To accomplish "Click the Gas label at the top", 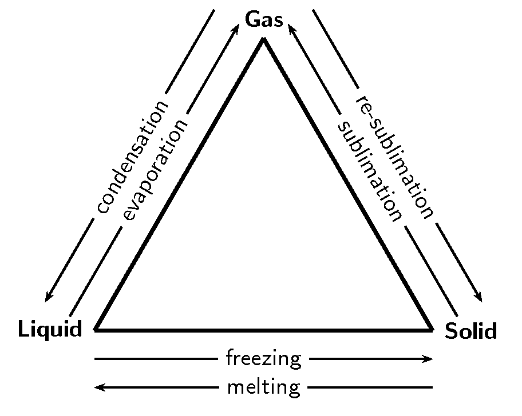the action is click(264, 19).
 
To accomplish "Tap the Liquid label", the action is click(50, 329).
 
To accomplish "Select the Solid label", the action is click(470, 331).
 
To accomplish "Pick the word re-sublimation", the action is click(395, 157).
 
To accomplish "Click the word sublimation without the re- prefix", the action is click(370, 171).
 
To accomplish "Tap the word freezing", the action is click(264, 359).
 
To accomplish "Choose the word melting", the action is click(264, 387).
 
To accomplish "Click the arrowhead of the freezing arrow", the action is click(429, 359).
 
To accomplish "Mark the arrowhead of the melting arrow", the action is click(98, 387).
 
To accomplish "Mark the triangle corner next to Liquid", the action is click(96, 330).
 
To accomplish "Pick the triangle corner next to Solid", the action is click(432, 330).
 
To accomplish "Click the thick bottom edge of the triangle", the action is click(264, 330).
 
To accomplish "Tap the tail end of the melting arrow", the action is click(432, 387).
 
